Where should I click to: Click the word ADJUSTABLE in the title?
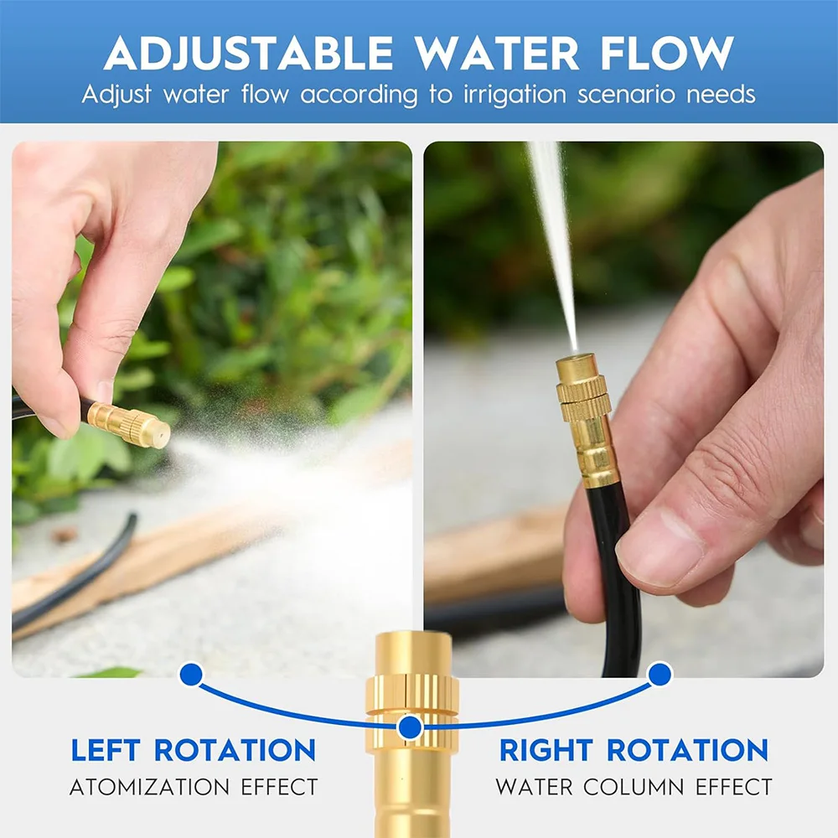pos(248,54)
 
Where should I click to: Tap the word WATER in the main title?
pos(498,54)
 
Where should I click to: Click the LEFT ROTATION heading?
pos(193,750)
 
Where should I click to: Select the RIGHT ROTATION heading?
pos(634,750)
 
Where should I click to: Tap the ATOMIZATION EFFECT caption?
pos(193,788)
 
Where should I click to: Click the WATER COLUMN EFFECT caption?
pos(634,788)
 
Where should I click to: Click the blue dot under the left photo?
pos(191,674)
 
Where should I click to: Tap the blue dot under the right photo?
pos(660,673)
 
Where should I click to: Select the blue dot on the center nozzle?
pos(410,727)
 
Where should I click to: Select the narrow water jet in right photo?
pos(553,235)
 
